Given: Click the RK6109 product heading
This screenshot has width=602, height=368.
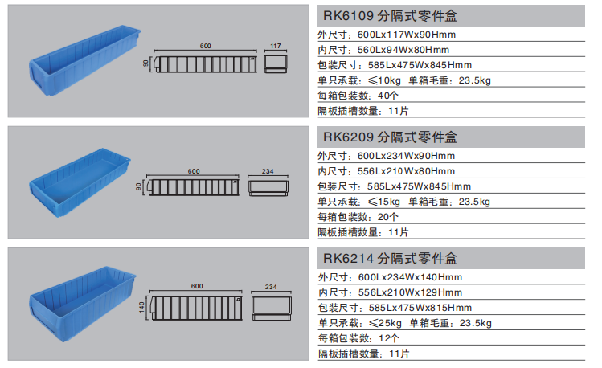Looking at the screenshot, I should pos(391,16).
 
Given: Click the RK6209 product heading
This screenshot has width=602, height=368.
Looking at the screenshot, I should pos(391,137).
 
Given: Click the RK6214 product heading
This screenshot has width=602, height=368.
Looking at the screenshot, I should pos(391,259).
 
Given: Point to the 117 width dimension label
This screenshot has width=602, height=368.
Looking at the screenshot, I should pos(275,46).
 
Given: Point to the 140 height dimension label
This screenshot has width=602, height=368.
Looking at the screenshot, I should pos(141,307).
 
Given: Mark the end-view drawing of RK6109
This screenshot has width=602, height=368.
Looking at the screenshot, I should pos(276,64).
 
